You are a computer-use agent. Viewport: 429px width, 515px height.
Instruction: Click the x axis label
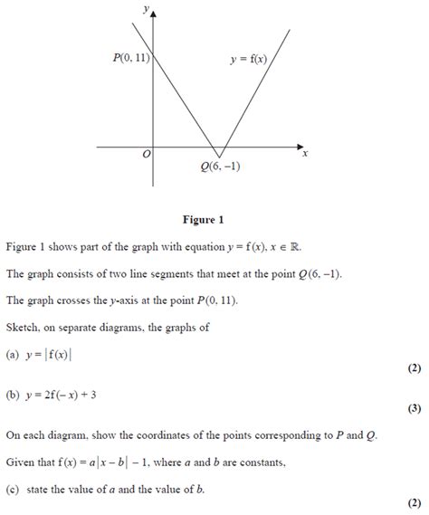(x=305, y=153)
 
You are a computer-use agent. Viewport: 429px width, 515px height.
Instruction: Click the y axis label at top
(x=146, y=8)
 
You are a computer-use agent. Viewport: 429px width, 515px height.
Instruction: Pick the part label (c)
(x=12, y=491)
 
